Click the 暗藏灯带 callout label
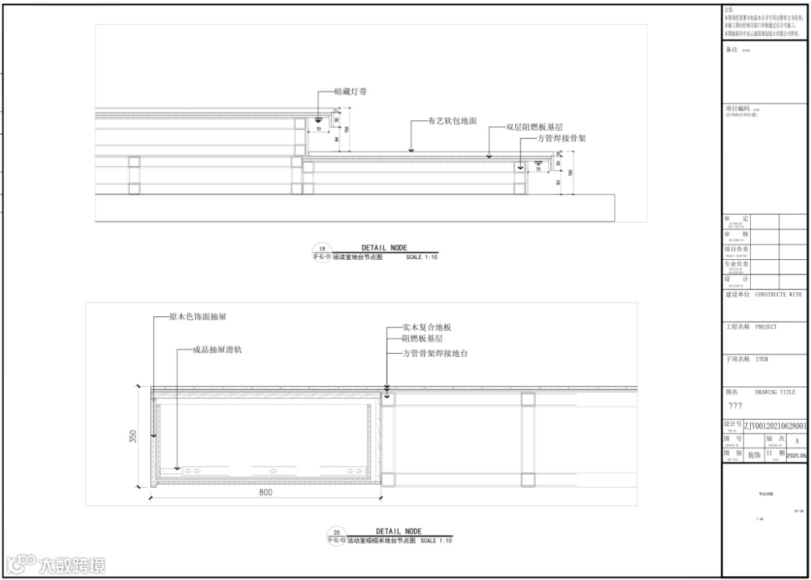(351, 92)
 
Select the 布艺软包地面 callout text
(453, 120)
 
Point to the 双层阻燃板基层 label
(534, 128)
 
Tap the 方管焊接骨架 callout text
(556, 138)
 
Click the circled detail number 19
(321, 249)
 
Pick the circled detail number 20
(336, 532)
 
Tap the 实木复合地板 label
(427, 328)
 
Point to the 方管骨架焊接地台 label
(436, 353)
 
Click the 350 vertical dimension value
(133, 436)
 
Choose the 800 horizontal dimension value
(265, 493)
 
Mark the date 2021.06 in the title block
(797, 456)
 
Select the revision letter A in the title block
(797, 441)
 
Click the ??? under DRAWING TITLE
(735, 406)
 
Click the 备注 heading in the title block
(732, 50)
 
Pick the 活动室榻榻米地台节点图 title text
(381, 541)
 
